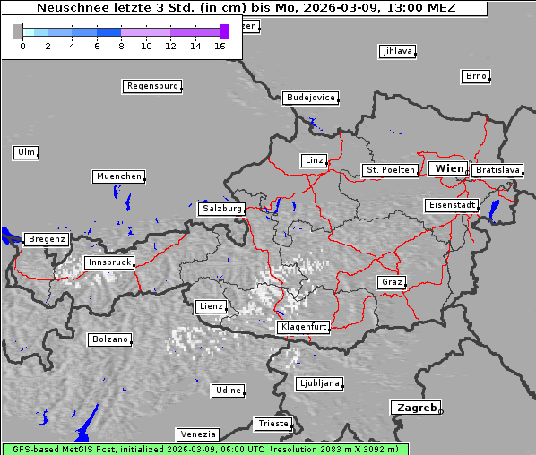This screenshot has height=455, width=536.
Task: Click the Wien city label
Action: (x=448, y=168)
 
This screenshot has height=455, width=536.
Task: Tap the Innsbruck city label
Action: (x=108, y=262)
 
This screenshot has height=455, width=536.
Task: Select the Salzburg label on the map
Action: (x=221, y=208)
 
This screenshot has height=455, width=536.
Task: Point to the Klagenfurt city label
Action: (x=303, y=327)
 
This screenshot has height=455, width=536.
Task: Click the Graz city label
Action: (x=391, y=282)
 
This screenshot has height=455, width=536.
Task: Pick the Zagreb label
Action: (x=415, y=408)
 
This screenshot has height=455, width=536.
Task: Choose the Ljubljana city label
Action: (x=318, y=383)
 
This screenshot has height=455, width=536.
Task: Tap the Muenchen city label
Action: (x=118, y=176)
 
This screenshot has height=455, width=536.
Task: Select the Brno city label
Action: (x=475, y=76)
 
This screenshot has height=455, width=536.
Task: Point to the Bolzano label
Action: (x=110, y=339)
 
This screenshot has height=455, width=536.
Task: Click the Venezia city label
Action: (x=196, y=434)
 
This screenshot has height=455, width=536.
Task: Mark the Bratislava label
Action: (x=497, y=169)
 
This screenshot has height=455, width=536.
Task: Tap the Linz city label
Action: (x=313, y=160)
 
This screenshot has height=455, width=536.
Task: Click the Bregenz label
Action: (x=47, y=239)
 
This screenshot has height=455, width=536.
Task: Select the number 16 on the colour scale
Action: (x=220, y=45)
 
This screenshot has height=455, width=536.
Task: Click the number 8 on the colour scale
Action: (x=121, y=45)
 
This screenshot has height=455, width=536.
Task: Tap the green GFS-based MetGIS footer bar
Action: (x=204, y=449)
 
